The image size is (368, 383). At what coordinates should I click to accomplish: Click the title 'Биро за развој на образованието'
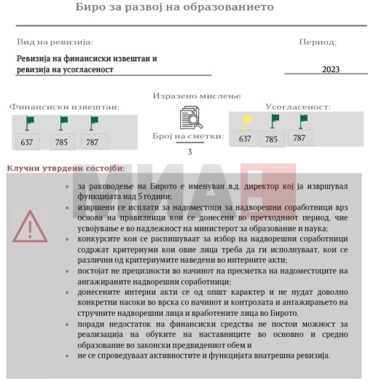pos(174,7)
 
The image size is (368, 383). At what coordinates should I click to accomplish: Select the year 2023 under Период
pos(331,70)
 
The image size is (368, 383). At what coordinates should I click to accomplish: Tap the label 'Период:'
pos(318,42)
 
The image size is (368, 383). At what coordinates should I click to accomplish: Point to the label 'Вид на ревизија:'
pos(55,42)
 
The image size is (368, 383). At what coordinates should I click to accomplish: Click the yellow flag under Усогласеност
pos(247,121)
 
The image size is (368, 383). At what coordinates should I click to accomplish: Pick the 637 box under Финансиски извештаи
pos(27,142)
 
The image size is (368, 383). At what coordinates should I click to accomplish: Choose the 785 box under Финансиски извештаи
pos(62,142)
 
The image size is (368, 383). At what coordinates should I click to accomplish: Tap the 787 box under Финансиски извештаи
pos(93,142)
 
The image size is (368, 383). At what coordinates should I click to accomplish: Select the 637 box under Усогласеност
pos(245,139)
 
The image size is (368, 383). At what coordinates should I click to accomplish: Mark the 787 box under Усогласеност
pos(299,137)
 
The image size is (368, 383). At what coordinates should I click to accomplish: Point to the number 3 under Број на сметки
pos(190,151)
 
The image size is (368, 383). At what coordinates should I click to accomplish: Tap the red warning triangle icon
pos(29,227)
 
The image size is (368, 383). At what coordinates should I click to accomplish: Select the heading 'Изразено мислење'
pos(197,96)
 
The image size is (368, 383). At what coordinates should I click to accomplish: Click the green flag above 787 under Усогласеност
pos(303,121)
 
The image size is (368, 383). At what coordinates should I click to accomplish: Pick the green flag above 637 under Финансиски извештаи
pos(30,123)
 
